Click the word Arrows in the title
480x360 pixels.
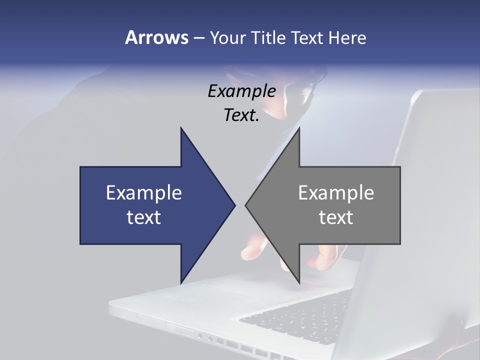pos(156,37)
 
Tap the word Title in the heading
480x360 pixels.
pos(269,37)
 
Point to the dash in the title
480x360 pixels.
pos(198,38)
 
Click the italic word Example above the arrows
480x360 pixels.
pos(241,91)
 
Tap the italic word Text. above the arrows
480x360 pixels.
pos(241,115)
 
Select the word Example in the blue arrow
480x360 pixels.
pos(144,192)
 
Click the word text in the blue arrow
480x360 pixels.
pos(144,217)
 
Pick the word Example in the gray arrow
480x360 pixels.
pos(336,192)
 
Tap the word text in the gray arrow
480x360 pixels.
pos(336,217)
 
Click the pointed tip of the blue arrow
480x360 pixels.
pos(234,205)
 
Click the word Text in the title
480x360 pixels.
pos(307,37)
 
